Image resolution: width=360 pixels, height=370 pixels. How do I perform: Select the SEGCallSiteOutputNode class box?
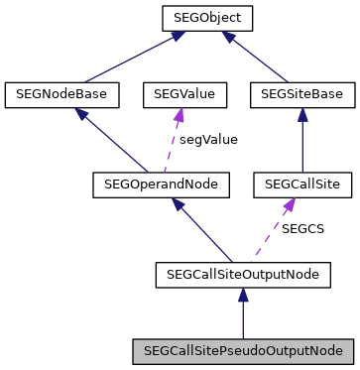[242, 272]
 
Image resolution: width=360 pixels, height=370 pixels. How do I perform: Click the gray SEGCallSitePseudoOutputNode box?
[242, 350]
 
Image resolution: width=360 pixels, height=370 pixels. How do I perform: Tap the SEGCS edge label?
[302, 228]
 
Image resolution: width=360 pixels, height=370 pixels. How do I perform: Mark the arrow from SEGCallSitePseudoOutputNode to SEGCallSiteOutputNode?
[242, 312]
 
